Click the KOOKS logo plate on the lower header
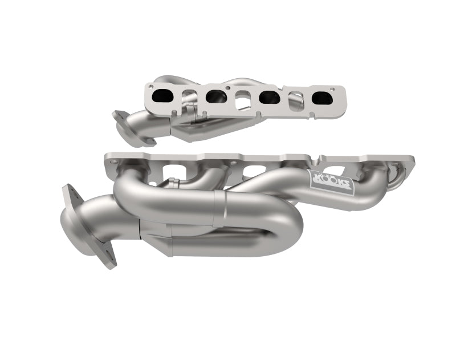point(331,184)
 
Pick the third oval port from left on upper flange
point(269,98)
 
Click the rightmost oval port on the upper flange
point(322,98)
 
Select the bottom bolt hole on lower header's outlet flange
point(107,260)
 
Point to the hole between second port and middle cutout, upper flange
point(229,89)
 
